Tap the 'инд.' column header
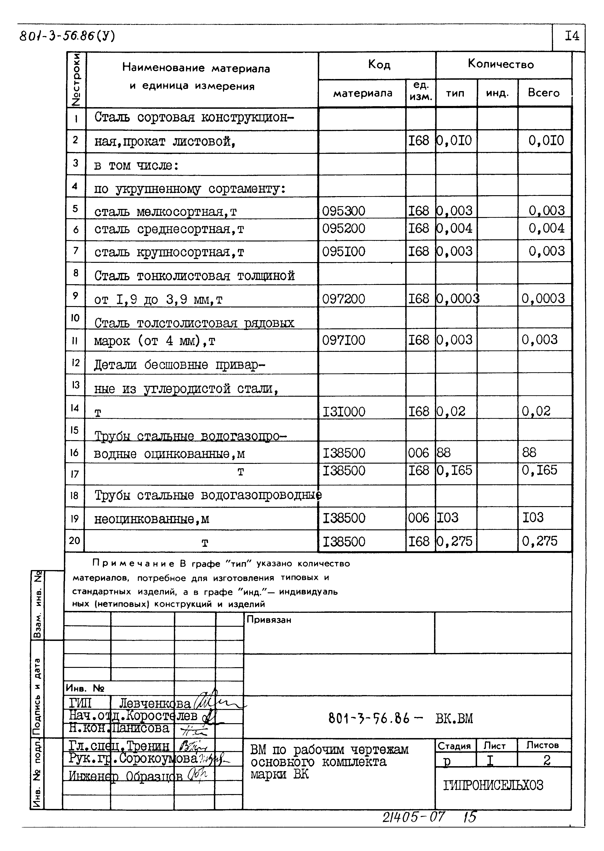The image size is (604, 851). point(497,93)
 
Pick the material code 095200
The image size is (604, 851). point(343,228)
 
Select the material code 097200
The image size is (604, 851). point(343,299)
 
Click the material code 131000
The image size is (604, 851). point(343,412)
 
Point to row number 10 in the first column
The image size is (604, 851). point(75,318)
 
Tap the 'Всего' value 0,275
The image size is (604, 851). point(539,541)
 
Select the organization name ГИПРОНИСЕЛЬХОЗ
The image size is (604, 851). point(493,785)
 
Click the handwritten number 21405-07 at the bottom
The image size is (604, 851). point(414,817)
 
